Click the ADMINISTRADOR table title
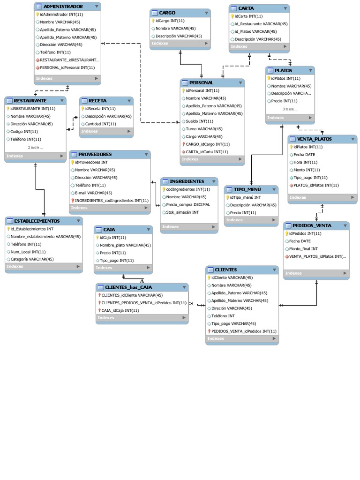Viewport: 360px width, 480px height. (63, 7)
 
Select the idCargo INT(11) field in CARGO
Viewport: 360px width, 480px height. (170, 21)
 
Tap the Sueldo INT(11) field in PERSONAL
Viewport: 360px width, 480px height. (199, 121)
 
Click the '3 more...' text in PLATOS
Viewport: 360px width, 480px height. (290, 109)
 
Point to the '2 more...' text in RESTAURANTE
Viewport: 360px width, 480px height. (35, 148)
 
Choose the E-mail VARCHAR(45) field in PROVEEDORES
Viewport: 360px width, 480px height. (93, 193)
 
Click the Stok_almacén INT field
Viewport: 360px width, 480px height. (182, 212)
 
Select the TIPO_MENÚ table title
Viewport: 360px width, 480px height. (247, 189)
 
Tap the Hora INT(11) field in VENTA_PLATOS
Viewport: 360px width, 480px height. (306, 162)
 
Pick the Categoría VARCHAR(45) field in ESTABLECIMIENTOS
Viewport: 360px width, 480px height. (32, 259)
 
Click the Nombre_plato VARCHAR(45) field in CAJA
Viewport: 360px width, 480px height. (125, 245)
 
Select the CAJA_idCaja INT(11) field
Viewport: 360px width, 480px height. (120, 310)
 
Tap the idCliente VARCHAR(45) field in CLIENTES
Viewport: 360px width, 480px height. (232, 277)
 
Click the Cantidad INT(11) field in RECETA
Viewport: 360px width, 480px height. (101, 124)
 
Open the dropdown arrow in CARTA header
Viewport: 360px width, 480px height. (285, 8)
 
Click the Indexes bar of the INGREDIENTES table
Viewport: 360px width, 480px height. (189, 227)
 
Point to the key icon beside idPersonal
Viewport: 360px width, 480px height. (184, 90)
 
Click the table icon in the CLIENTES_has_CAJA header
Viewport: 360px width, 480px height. (101, 287)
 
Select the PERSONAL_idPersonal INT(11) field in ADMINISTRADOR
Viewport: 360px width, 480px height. (67, 67)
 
